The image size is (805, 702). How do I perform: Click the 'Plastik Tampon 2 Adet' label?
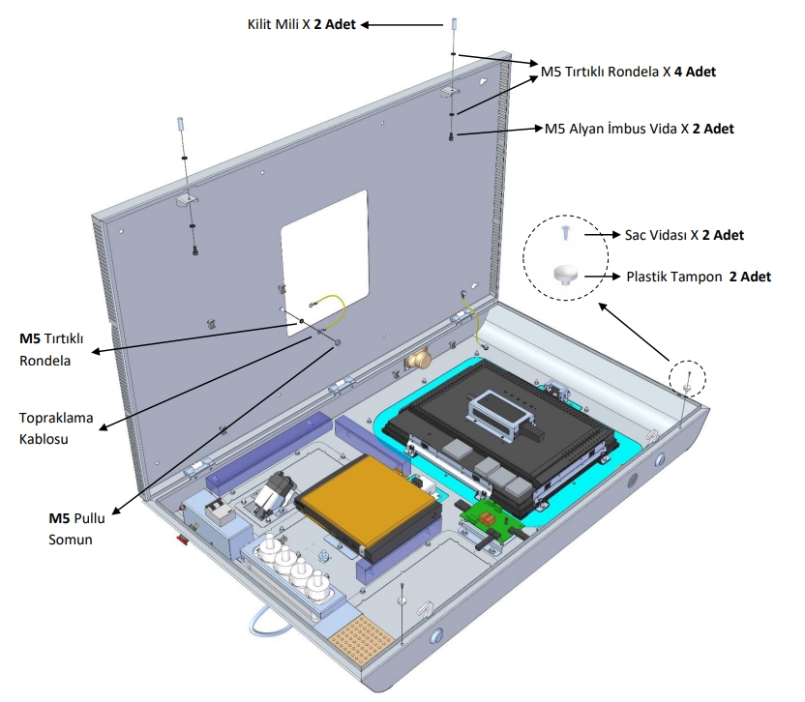(x=699, y=277)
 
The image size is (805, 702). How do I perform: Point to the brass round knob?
(x=419, y=359)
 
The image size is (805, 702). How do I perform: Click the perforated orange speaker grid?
(x=365, y=634)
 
